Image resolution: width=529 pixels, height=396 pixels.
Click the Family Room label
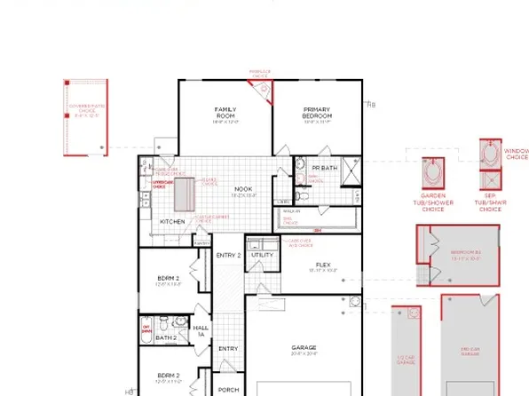coord(225,113)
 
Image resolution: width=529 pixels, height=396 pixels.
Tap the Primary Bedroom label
coord(317,113)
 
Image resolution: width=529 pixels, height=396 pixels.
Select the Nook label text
coord(242,189)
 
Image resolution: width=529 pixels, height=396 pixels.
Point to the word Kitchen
coord(172,221)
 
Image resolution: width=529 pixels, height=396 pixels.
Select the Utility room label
coord(263,255)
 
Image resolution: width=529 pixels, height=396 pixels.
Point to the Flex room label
coord(322,265)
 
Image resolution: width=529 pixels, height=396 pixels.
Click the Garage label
coord(304,347)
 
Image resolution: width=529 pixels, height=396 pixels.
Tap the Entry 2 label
coord(228,255)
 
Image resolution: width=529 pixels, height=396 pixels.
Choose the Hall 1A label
coord(201,330)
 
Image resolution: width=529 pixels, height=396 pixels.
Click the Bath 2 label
coord(166,337)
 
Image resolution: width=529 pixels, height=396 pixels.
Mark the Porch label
coord(228,390)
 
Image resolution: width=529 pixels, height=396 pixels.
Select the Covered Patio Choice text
coord(86,110)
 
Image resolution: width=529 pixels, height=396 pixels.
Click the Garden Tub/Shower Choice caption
coord(437,202)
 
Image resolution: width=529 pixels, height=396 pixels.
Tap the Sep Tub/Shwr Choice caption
coord(490,202)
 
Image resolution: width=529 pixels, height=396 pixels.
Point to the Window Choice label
coord(516,154)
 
